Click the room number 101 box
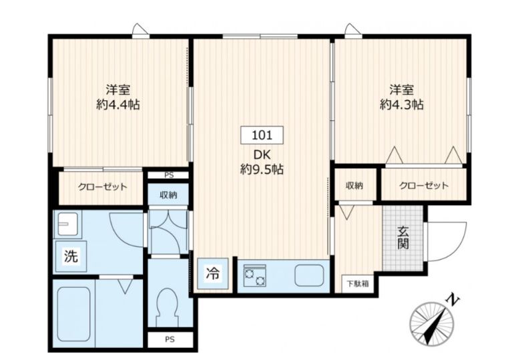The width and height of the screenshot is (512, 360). pyautogui.click(x=262, y=135)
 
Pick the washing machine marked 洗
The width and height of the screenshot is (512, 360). pyautogui.click(x=69, y=256)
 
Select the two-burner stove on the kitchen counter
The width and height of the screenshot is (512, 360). pyautogui.click(x=254, y=274)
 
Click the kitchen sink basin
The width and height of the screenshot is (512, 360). pyautogui.click(x=308, y=275)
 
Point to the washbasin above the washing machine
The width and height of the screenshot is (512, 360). pyautogui.click(x=67, y=224)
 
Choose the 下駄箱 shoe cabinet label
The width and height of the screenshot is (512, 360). pyautogui.click(x=357, y=283)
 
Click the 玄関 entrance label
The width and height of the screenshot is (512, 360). pyautogui.click(x=403, y=238)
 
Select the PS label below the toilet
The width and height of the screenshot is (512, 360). pyautogui.click(x=170, y=340)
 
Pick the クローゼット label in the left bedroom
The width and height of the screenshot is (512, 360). pyautogui.click(x=102, y=187)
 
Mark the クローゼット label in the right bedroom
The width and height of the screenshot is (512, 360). pyautogui.click(x=423, y=186)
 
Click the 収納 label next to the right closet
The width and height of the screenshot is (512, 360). pyautogui.click(x=354, y=186)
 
